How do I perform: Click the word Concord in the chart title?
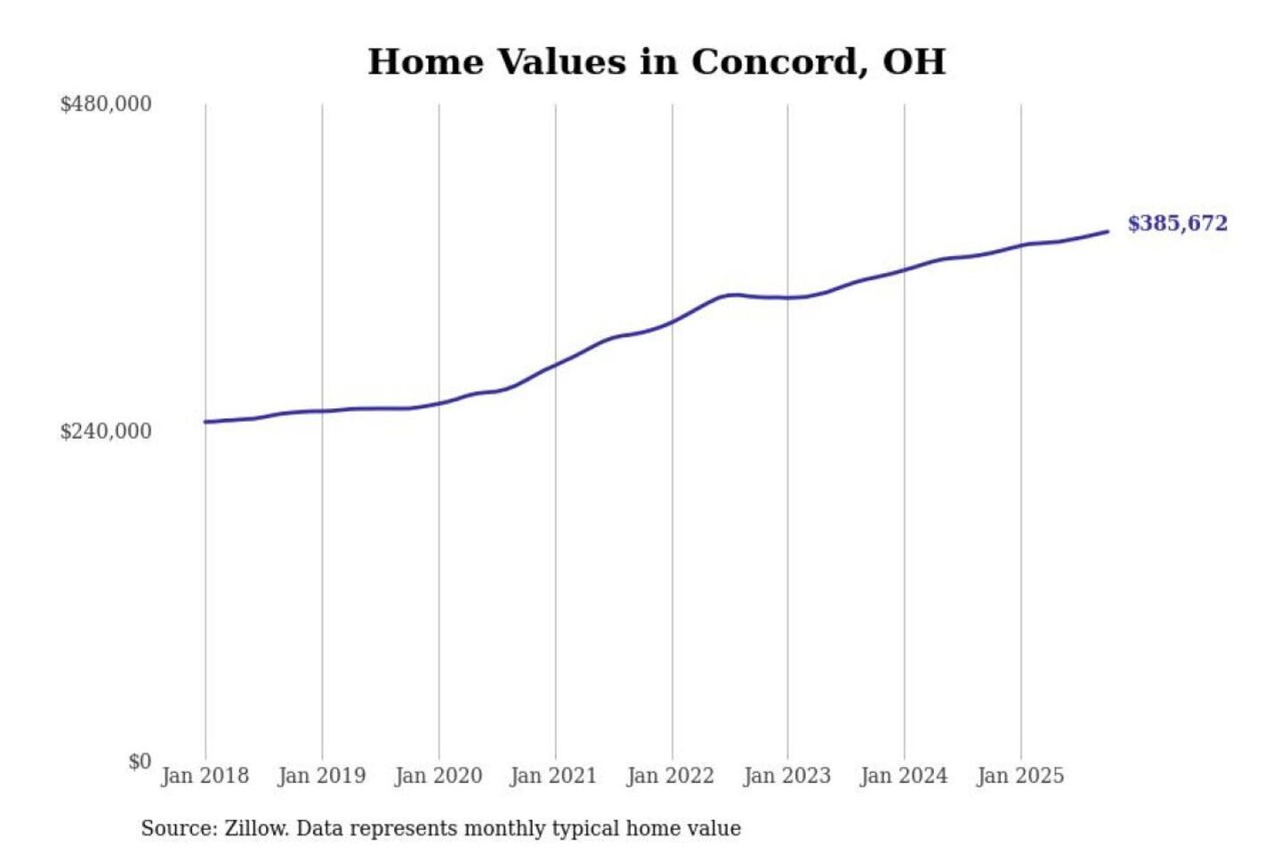click(x=777, y=62)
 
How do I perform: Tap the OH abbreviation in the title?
click(x=914, y=62)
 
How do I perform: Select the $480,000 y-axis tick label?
click(x=106, y=104)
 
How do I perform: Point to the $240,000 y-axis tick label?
click(x=106, y=431)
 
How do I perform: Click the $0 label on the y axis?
click(x=140, y=761)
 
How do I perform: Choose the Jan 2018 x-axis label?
click(x=205, y=776)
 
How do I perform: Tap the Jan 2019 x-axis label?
click(x=321, y=776)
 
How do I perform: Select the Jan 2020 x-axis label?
click(x=438, y=776)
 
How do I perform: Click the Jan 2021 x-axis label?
click(x=553, y=776)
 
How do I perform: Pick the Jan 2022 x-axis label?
click(x=670, y=776)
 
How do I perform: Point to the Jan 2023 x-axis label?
click(x=786, y=776)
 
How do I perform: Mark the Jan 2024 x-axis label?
click(x=904, y=776)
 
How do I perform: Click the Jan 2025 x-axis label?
click(x=1019, y=776)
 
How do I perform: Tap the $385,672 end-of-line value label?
click(x=1177, y=223)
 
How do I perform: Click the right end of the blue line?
click(x=1108, y=232)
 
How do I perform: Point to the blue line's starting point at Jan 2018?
click(x=205, y=422)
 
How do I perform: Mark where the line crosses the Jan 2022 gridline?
click(x=673, y=321)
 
